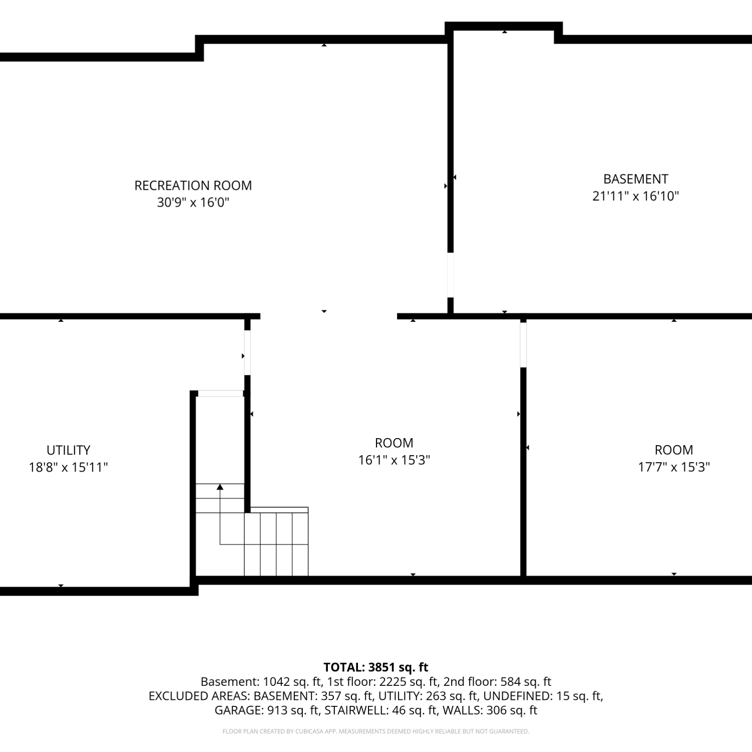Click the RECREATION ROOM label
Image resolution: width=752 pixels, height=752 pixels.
[x=193, y=185]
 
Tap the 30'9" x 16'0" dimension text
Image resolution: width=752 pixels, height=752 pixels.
[x=193, y=203]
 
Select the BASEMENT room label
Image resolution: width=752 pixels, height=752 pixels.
[x=636, y=179]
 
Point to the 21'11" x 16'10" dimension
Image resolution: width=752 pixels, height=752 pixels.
[x=636, y=196]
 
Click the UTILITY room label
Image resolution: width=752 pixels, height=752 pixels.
[x=68, y=450]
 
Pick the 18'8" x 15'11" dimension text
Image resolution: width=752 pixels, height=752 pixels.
[x=68, y=467]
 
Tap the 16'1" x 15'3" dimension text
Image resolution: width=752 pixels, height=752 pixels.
[x=394, y=460]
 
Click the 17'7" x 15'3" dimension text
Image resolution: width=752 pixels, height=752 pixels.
[x=674, y=467]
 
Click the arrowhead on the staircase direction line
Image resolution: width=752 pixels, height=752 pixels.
[x=220, y=487]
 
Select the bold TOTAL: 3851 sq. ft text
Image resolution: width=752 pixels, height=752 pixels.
[x=376, y=667]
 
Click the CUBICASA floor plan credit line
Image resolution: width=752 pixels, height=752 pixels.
[x=376, y=731]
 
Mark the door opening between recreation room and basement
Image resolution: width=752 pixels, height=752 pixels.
[x=450, y=275]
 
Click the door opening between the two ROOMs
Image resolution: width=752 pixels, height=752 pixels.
[x=523, y=344]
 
